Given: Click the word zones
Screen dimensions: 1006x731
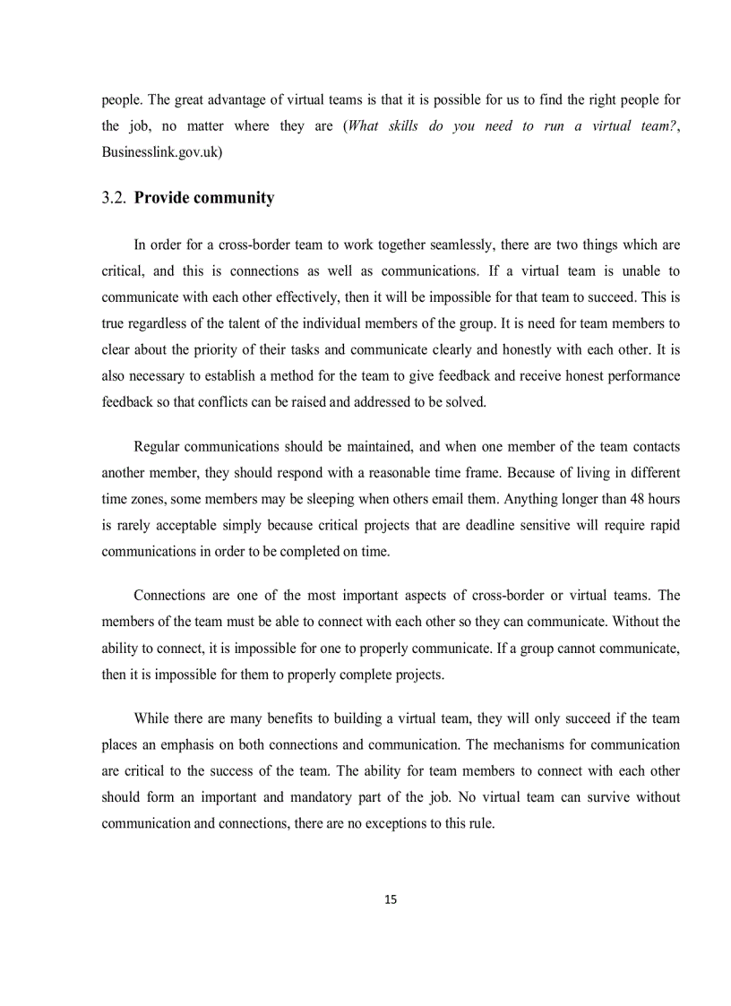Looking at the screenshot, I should pyautogui.click(x=148, y=499).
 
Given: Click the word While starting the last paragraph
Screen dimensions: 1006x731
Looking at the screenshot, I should pyautogui.click(x=152, y=718).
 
